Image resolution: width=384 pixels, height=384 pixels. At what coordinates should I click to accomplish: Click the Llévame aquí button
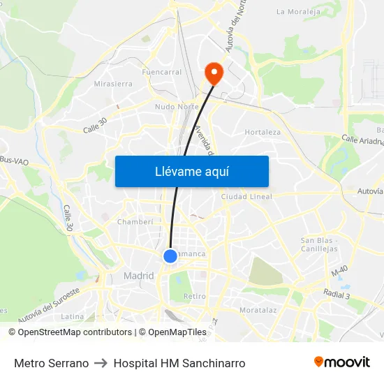tap(191, 171)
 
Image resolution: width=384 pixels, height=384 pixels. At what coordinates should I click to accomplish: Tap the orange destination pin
tap(212, 73)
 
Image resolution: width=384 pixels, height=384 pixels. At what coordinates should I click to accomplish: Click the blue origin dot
tap(170, 256)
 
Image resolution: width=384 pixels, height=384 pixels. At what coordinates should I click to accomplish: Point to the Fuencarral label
tap(161, 72)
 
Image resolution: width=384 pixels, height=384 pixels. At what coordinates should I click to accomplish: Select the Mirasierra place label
tap(113, 84)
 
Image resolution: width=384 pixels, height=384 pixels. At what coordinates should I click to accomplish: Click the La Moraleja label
tap(298, 12)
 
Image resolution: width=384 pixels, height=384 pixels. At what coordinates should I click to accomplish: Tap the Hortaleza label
tap(263, 132)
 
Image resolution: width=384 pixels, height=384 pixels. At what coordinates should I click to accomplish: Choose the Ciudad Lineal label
tap(246, 197)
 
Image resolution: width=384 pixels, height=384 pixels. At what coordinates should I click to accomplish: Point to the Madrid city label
tap(138, 276)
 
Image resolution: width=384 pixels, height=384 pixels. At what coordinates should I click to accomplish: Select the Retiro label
tap(194, 297)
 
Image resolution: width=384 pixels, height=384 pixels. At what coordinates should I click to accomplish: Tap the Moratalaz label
tap(258, 309)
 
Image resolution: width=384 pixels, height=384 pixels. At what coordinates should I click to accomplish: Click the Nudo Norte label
tap(177, 107)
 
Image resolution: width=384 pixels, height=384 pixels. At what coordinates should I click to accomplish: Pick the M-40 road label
tap(340, 271)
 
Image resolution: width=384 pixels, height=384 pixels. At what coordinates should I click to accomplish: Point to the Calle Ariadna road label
tap(362, 141)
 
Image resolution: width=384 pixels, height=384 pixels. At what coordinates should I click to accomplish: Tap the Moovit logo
tap(342, 362)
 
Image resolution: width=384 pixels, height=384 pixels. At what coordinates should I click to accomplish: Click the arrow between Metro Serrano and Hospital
tap(101, 363)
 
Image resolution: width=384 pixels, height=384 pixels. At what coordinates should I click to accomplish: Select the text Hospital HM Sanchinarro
tap(179, 363)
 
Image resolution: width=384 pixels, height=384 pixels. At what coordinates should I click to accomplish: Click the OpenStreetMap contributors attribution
tap(75, 332)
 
